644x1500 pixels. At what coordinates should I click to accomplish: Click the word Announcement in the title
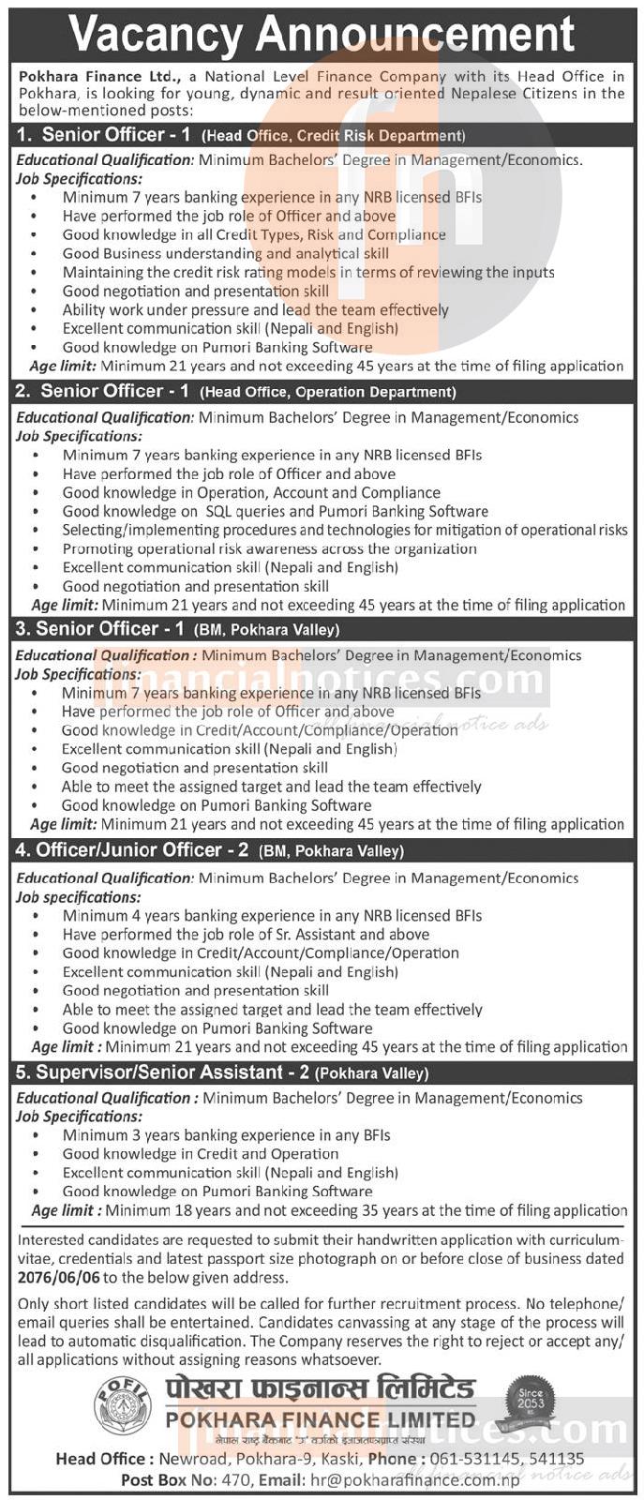click(413, 35)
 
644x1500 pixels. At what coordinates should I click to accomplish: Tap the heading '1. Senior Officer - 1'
click(104, 135)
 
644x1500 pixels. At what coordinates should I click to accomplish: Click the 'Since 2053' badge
click(531, 1400)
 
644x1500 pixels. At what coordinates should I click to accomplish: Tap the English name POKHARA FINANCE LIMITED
click(320, 1419)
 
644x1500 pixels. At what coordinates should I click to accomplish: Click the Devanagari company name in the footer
click(320, 1389)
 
